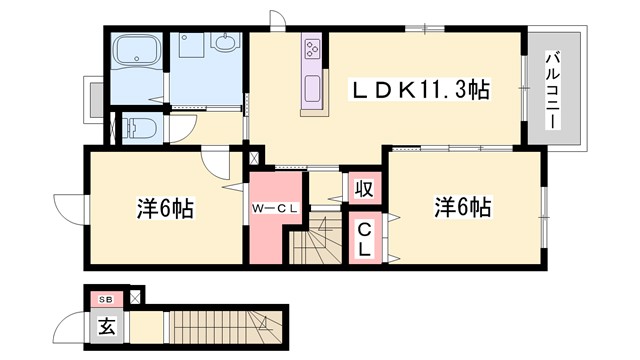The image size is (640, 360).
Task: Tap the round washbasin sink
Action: point(225,44)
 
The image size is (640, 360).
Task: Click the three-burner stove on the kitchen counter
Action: point(312,49)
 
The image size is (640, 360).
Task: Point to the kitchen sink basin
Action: point(312,88)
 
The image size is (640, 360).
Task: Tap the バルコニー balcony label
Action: point(551,90)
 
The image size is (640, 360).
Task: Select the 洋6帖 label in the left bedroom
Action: point(165,209)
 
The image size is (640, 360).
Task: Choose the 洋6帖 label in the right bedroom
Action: point(462,208)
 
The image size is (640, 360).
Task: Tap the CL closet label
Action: point(366,241)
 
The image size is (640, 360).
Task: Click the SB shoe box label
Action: point(106,299)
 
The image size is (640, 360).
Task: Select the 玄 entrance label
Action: point(106,326)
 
